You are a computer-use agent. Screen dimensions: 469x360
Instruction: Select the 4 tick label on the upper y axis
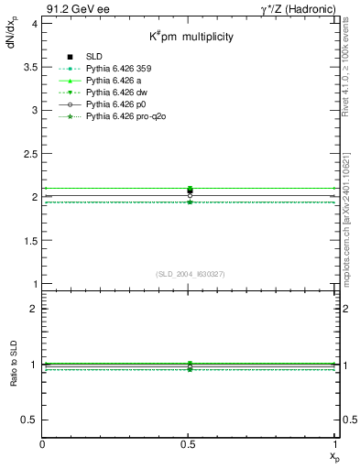coord(34,23)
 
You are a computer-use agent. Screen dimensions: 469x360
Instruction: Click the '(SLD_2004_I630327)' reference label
coord(191,274)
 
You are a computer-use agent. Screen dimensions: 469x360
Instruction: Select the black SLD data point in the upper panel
coord(190,191)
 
